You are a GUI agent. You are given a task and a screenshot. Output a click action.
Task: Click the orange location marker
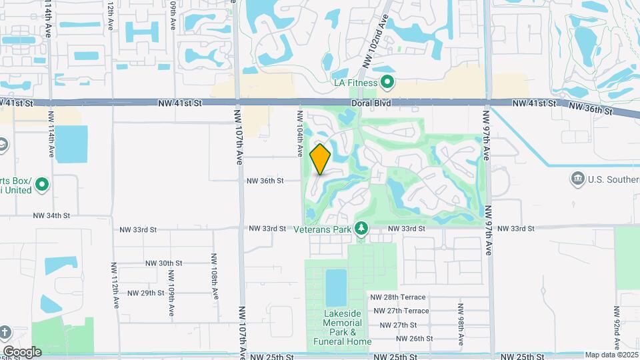321,159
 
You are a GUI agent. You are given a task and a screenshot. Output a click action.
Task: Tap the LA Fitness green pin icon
387,83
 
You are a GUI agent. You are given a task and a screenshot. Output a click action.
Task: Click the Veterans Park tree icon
361,229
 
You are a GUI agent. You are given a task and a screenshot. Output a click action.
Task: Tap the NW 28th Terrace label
398,297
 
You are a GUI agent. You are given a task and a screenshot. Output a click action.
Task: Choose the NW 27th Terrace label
401,311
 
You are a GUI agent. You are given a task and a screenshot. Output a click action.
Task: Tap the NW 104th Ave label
299,133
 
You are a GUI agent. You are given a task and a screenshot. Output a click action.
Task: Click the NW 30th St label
164,263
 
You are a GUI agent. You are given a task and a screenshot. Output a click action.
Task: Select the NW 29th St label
145,293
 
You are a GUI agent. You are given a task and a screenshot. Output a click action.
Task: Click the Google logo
22,351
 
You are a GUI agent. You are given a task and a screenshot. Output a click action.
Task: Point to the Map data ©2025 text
611,355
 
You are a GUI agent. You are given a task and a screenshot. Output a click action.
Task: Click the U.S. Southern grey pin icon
578,179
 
